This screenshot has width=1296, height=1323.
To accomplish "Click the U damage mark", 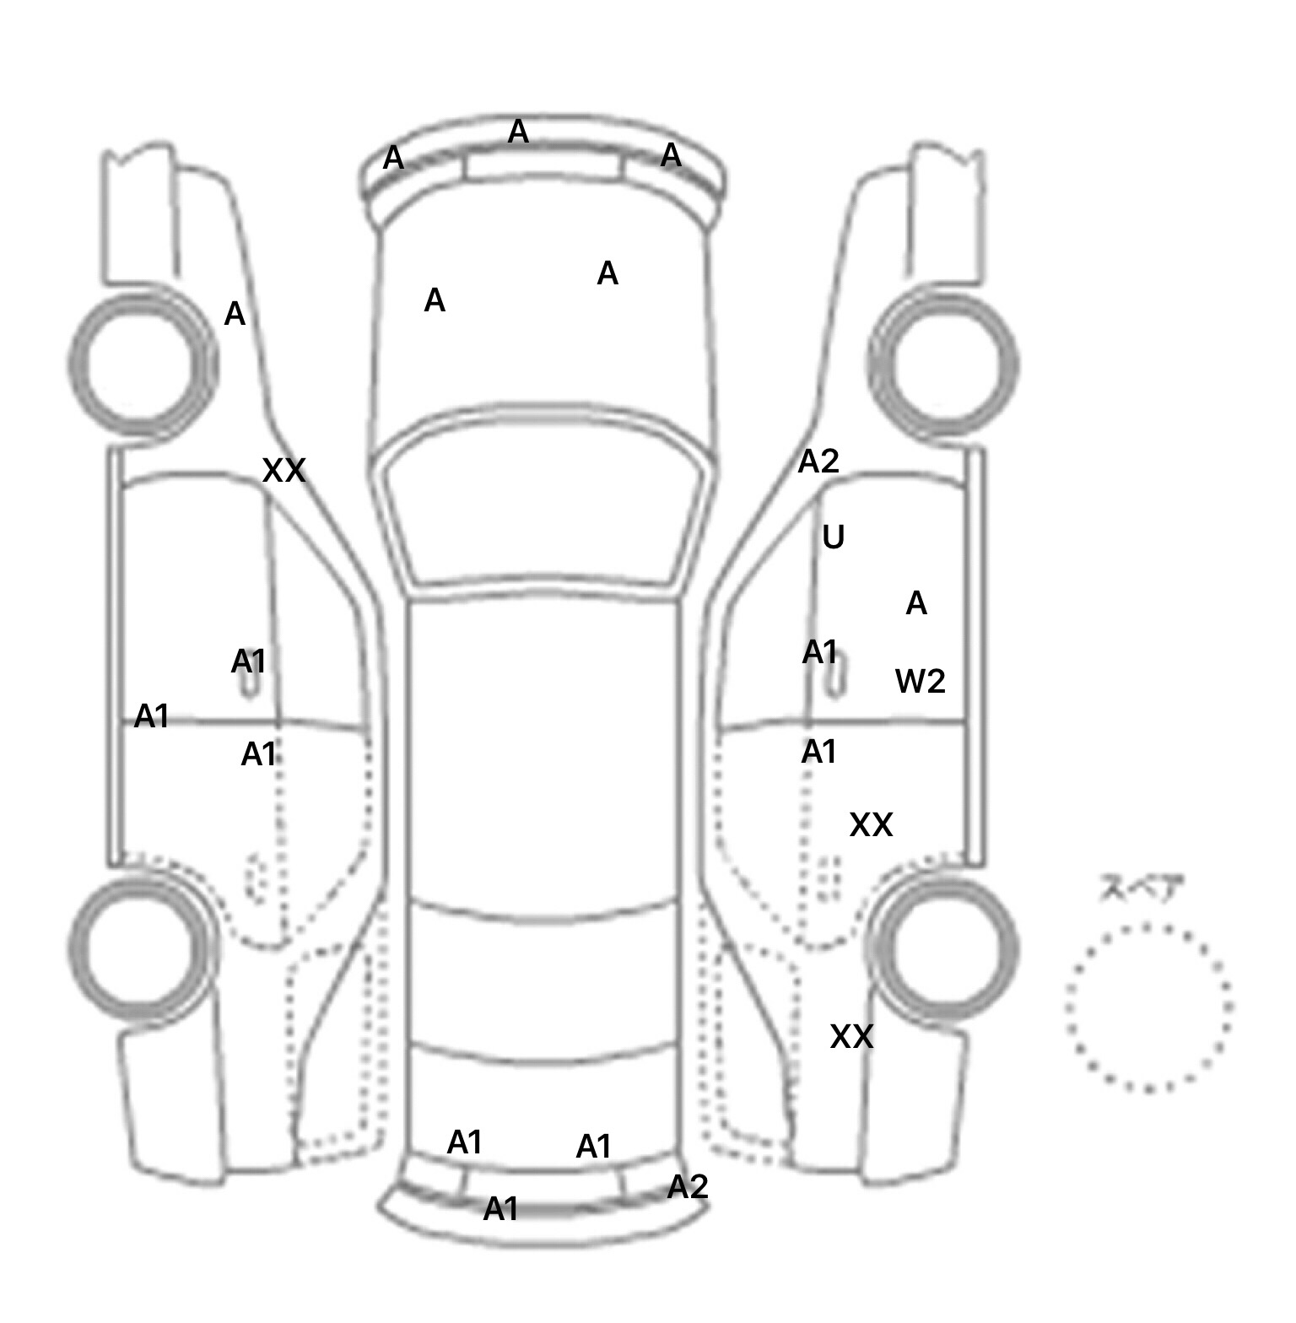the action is click(x=833, y=537).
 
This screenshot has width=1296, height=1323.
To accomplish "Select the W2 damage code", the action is click(x=920, y=681).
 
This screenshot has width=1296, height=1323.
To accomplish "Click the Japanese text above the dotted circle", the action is click(x=1141, y=888).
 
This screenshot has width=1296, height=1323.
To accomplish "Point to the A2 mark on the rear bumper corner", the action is click(x=688, y=1187).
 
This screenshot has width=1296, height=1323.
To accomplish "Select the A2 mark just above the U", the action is click(x=818, y=462).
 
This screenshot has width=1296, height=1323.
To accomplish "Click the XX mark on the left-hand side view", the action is click(x=283, y=471).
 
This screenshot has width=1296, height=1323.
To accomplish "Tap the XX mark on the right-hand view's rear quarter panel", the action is click(x=851, y=1037).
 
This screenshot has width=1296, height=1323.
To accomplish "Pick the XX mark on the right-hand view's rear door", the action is click(x=871, y=825).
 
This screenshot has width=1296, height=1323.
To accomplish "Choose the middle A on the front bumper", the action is click(x=518, y=132).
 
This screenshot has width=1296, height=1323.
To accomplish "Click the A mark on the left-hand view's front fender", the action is click(x=235, y=315).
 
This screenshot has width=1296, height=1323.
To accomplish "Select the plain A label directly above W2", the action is click(x=916, y=603).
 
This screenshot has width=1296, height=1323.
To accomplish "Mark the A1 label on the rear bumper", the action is click(x=500, y=1209).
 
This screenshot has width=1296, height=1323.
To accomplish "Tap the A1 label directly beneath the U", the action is click(x=819, y=652).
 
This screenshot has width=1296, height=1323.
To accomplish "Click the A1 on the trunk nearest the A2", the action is click(x=593, y=1147).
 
